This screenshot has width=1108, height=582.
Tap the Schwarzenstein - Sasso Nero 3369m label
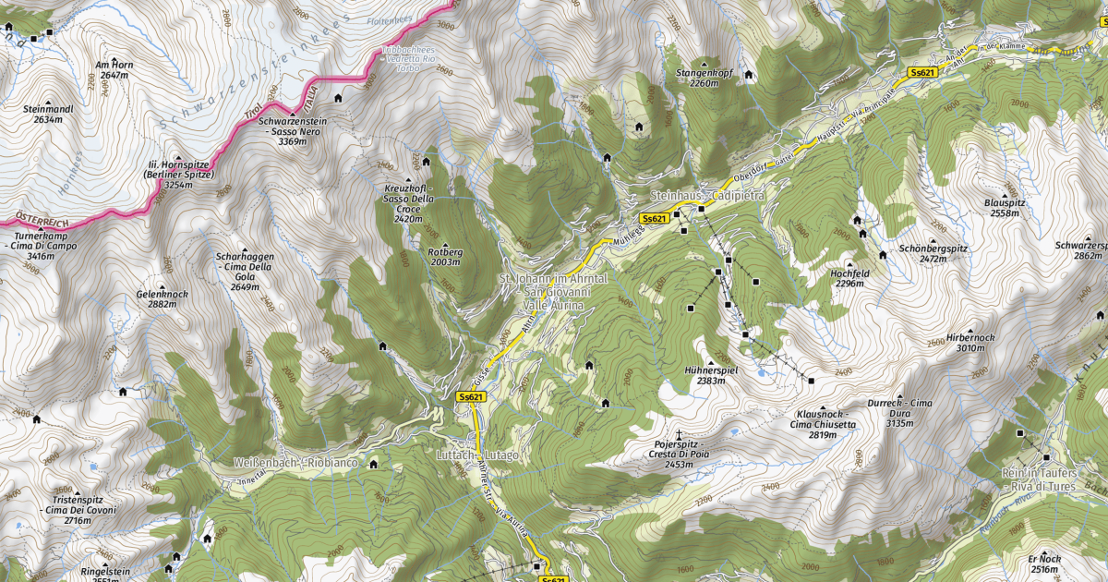[293, 131]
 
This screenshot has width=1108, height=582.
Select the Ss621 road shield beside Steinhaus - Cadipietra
[653, 218]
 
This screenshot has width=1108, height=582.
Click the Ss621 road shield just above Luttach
[471, 396]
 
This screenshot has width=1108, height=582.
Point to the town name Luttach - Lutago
[477, 455]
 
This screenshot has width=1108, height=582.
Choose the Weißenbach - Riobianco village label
[289, 461]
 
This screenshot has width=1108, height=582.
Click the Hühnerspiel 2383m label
[710, 374]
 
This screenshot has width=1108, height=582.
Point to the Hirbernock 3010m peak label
[970, 343]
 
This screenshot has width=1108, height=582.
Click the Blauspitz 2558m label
[1005, 207]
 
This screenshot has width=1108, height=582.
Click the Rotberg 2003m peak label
[445, 257]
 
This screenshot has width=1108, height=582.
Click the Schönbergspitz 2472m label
[933, 254]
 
